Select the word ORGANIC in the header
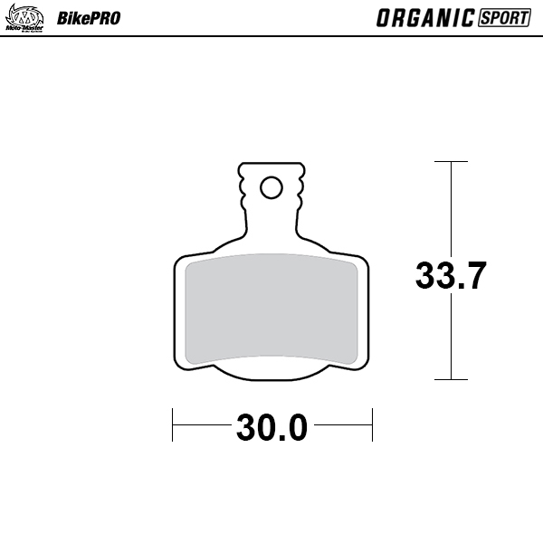click(423, 17)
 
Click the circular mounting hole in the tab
click(270, 187)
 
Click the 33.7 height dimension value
click(452, 275)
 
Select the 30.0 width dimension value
click(272, 426)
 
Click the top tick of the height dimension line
click(451, 162)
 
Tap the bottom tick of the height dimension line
click(451, 379)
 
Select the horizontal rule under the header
click(271, 36)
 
